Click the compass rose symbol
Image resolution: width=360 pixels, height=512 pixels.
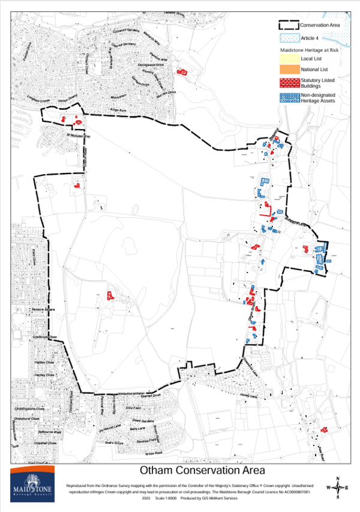click(x=338, y=487)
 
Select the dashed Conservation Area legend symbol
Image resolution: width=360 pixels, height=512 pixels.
click(x=287, y=26)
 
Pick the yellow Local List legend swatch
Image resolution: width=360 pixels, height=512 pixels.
click(x=288, y=59)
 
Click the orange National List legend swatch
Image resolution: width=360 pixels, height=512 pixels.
click(x=288, y=70)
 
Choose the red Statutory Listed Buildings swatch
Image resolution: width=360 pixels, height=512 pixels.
click(x=288, y=82)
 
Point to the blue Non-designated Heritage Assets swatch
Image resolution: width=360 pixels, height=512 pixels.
click(x=288, y=97)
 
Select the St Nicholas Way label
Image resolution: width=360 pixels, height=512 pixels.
click(x=77, y=135)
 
